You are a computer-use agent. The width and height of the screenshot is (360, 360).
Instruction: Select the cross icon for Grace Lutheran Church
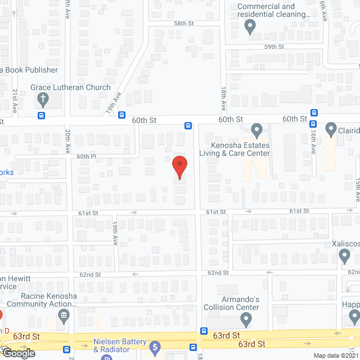click(43, 100)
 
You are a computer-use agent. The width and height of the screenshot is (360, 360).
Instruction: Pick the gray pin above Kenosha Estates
click(257, 130)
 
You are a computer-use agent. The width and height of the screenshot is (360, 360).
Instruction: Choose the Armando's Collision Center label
click(232, 303)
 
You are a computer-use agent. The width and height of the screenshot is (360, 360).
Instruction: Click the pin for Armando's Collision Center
click(246, 319)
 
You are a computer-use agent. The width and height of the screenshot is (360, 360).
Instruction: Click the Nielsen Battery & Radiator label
click(120, 345)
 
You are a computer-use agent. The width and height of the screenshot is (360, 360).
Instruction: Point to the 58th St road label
click(183, 24)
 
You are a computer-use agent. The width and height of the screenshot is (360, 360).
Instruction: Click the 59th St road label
click(275, 47)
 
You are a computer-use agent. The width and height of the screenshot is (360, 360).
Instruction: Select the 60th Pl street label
click(87, 156)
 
